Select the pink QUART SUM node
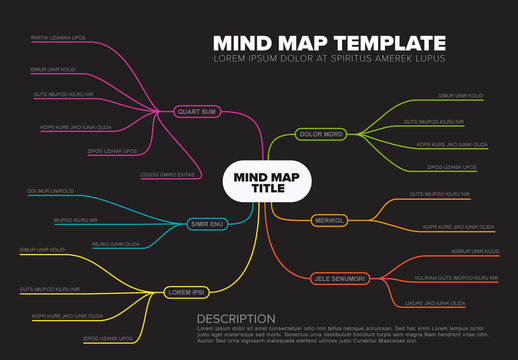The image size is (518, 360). [196, 112]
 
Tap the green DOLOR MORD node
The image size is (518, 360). [322, 133]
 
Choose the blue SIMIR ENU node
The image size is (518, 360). [208, 224]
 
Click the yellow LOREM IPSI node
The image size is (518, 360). [185, 292]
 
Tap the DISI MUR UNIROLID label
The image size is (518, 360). [51, 190]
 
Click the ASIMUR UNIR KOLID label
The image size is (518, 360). [460, 251]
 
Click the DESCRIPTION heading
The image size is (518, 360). [235, 319]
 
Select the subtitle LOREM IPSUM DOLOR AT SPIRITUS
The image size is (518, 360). [330, 58]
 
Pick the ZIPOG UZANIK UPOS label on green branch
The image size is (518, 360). [450, 167]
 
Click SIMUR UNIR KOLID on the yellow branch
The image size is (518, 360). [42, 250]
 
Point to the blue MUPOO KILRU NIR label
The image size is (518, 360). [75, 219]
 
